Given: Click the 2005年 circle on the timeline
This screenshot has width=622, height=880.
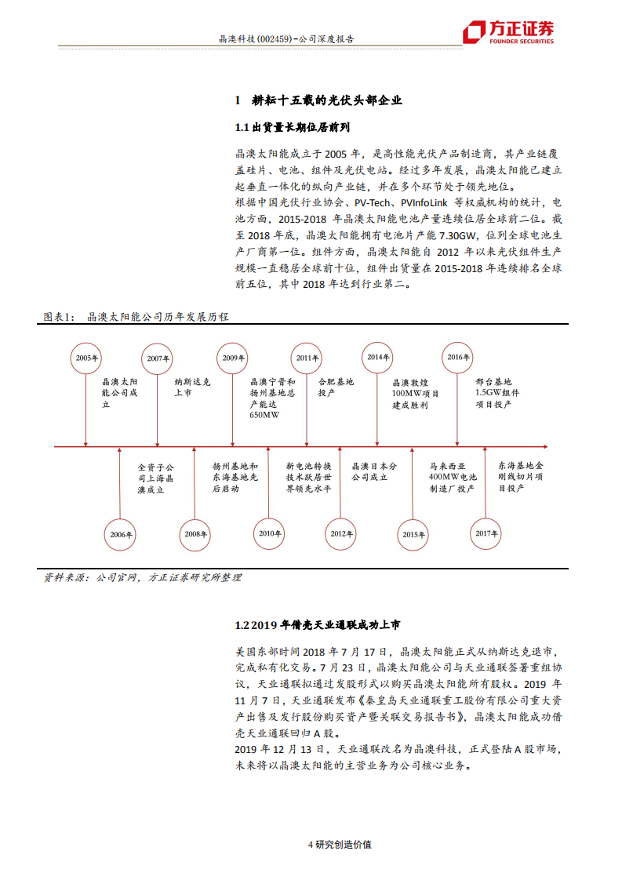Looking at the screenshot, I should pos(86,358).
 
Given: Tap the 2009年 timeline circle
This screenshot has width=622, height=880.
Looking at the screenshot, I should pos(232,358).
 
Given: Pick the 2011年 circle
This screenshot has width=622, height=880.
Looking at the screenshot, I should pos(307,358).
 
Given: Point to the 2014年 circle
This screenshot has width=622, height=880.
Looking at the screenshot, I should pos(378,358).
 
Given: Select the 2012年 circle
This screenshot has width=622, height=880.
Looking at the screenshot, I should pos(340,534).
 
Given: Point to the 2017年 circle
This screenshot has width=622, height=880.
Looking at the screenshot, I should pos(486,533).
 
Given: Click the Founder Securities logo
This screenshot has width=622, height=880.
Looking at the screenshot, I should pos(507,33).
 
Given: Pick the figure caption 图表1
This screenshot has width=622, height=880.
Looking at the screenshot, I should pos(60,317).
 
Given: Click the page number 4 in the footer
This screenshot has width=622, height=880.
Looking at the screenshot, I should pos(311,845).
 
